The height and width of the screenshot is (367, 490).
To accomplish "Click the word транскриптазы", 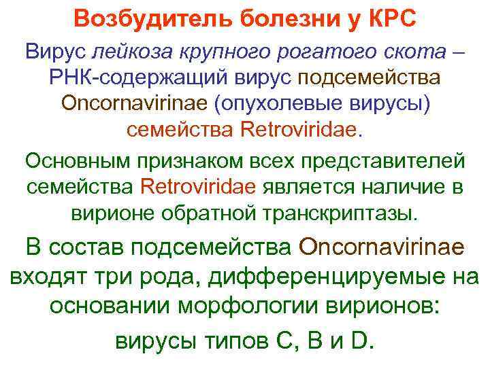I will (345, 214).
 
